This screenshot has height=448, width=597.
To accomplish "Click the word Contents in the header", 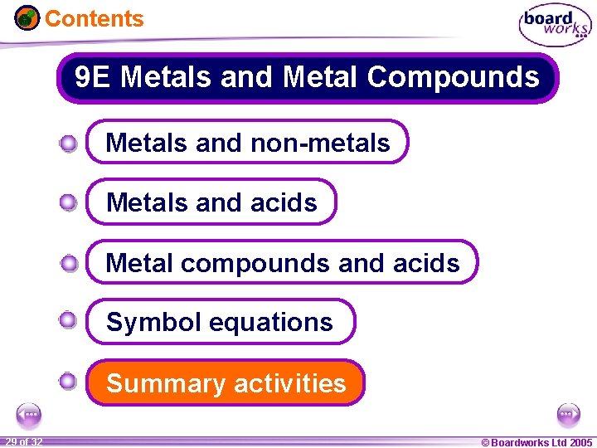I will click(x=94, y=18).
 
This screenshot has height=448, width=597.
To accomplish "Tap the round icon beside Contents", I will click(x=27, y=17).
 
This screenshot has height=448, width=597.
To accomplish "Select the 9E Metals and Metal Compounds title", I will click(x=307, y=78).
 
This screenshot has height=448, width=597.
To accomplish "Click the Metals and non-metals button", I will click(x=248, y=143).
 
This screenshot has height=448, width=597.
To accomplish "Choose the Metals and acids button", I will click(x=211, y=202).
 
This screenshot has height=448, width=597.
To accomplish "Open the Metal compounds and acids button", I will click(x=282, y=263).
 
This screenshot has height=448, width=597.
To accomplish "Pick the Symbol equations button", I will click(x=220, y=322).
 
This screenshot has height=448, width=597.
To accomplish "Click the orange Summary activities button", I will click(x=226, y=383).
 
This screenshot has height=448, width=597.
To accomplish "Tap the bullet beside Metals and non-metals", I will click(x=68, y=144).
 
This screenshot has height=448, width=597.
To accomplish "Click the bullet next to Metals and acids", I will click(x=68, y=202).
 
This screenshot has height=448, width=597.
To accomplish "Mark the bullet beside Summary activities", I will click(x=68, y=382).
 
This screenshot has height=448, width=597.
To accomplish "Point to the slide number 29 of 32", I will click(x=23, y=441).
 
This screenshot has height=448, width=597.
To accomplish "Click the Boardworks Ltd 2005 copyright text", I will click(x=536, y=442).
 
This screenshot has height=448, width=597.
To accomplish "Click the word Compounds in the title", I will click(x=453, y=78).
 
